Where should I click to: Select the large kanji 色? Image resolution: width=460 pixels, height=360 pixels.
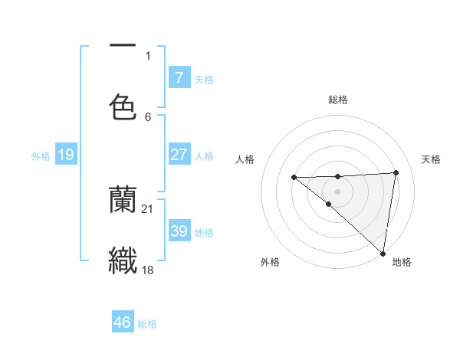123,106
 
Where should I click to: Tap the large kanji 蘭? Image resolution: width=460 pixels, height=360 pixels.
123,201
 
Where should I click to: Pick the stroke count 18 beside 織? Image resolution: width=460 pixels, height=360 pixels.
148,270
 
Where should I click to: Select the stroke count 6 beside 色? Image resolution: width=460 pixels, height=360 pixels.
148,116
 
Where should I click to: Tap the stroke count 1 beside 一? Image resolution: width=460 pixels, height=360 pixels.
148,56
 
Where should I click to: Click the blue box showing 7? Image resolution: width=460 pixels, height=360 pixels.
179,78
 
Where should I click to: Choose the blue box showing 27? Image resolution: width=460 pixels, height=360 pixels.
179,155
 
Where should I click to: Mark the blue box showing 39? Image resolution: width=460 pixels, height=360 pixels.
179,231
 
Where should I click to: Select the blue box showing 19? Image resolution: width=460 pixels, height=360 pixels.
65,155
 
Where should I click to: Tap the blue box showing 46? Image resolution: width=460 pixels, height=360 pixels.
123,322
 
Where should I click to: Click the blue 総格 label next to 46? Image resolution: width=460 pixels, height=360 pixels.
147,324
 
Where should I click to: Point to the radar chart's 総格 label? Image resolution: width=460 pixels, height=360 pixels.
337,100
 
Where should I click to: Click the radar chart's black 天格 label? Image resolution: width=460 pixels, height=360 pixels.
432,159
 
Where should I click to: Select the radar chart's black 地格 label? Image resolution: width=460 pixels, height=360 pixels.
402,263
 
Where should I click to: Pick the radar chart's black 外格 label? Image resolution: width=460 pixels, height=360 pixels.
270,263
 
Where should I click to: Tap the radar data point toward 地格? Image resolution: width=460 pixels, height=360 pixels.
383,253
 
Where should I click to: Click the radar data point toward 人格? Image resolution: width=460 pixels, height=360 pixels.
294,177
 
